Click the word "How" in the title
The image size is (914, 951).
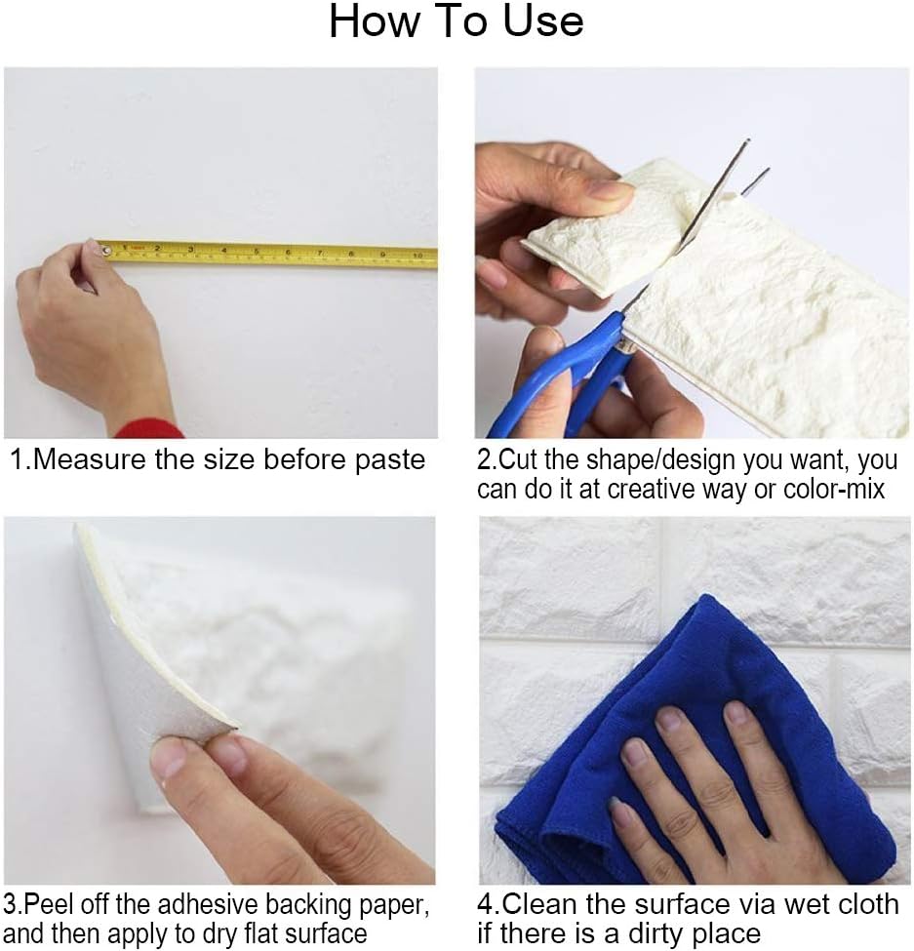coord(375,21)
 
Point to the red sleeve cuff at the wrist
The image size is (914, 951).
coord(149,429)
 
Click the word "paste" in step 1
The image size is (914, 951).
coord(390,461)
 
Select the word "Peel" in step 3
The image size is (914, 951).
coord(46,904)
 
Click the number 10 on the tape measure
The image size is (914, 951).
coord(417,256)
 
